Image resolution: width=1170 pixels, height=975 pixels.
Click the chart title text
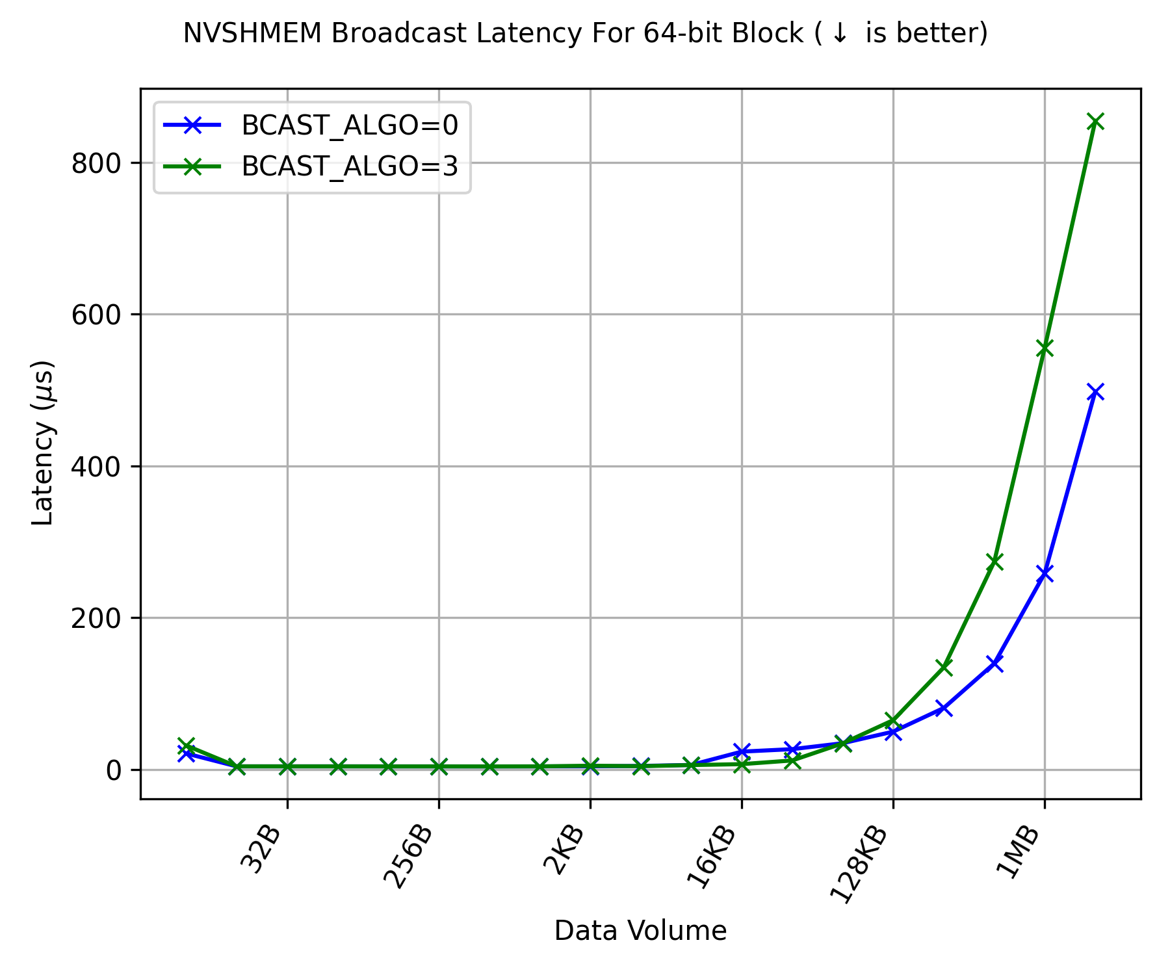585,33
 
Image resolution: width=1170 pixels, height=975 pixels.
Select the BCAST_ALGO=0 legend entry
350,125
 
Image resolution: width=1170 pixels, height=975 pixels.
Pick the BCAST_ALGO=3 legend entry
350,166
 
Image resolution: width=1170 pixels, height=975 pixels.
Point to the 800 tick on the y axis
96,163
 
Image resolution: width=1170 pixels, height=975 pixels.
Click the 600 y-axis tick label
96,315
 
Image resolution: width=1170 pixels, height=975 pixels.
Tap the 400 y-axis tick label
96,467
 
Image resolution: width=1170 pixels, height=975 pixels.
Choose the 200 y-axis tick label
96,618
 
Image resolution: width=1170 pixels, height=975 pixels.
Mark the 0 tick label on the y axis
114,770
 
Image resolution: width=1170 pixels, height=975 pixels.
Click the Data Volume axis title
640,931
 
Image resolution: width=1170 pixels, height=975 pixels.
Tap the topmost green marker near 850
1095,122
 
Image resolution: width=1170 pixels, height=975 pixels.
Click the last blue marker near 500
1095,391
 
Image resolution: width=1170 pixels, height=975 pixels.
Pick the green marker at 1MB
1045,348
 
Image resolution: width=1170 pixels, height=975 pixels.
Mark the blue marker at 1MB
1045,573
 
